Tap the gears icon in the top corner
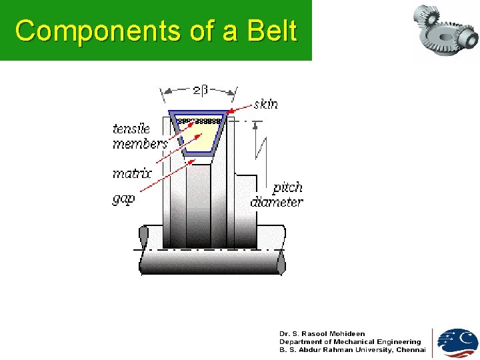tap(445, 29)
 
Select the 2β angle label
tap(200, 90)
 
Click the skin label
tap(265, 104)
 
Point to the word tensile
tap(131, 129)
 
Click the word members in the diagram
tap(139, 144)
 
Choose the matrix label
tap(132, 174)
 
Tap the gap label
tap(123, 198)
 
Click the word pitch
tap(287, 187)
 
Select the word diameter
tap(277, 202)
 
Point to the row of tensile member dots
tap(199, 121)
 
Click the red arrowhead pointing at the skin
tap(231, 111)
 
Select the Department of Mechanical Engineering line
tap(350, 341)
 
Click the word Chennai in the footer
tap(411, 349)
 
